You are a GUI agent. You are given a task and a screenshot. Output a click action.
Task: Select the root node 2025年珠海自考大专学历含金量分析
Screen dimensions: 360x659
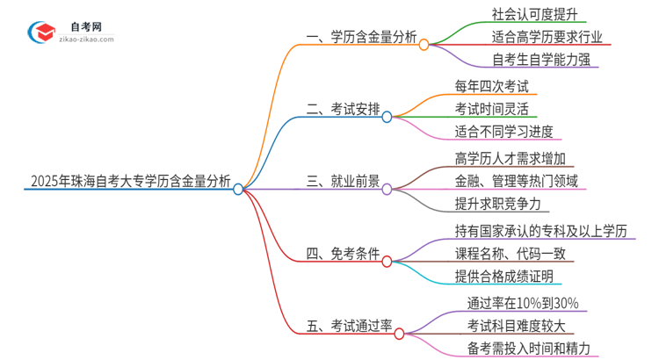[x=130, y=183]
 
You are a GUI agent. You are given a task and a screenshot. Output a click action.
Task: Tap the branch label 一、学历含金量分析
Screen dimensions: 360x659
[x=360, y=38]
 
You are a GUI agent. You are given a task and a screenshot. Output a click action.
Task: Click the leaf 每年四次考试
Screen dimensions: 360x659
[x=492, y=85]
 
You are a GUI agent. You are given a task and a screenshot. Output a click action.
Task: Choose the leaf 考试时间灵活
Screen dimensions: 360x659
[x=492, y=109]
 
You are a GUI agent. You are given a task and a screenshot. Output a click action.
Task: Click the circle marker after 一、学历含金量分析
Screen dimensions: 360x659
[x=424, y=44]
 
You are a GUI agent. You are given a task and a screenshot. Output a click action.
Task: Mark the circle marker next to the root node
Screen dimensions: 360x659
[x=238, y=189]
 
